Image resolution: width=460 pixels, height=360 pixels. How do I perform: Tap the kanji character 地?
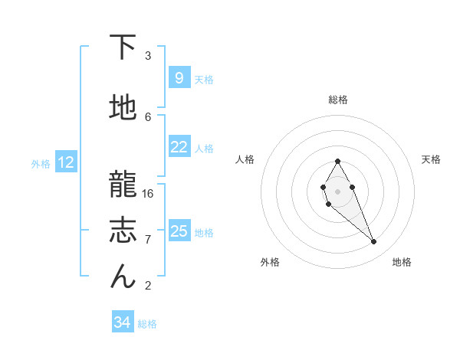[x=123, y=109]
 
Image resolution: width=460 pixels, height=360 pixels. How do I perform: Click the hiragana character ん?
[x=123, y=277]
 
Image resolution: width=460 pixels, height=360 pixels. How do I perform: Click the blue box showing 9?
[x=179, y=77]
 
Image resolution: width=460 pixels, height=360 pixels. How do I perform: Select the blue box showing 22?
[x=179, y=147]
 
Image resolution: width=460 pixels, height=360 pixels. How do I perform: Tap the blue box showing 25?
[x=179, y=231]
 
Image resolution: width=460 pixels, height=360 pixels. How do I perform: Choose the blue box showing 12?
[x=66, y=162]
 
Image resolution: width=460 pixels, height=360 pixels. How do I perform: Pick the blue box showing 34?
[x=122, y=322]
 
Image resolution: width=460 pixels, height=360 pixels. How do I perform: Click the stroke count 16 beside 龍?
[x=148, y=193]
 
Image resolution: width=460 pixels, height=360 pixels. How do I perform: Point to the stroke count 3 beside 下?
[x=148, y=56]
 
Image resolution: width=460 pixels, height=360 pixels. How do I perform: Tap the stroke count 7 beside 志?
[x=148, y=240]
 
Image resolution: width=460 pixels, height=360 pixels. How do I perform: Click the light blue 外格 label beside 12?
[x=41, y=163]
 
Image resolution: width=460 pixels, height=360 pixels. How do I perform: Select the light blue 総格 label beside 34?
[x=147, y=324]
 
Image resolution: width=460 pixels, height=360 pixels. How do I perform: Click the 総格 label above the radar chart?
[x=337, y=100]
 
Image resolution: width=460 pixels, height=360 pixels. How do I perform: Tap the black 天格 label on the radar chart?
[x=431, y=159]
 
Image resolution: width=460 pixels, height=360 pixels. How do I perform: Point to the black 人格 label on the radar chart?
[x=245, y=159]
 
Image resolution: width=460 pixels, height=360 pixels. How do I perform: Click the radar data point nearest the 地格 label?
[x=374, y=242]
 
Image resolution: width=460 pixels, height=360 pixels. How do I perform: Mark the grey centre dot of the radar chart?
[x=337, y=190]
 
